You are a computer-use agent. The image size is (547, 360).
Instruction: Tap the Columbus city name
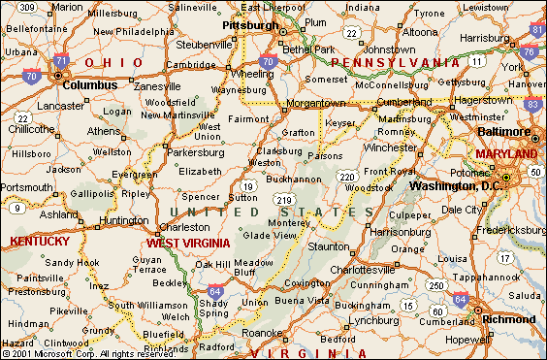[x=90, y=84]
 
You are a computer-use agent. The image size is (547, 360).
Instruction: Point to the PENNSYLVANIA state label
[x=394, y=62]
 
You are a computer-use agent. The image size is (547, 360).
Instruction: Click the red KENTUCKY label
[x=40, y=241]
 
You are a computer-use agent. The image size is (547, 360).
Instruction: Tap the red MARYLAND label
[x=505, y=154]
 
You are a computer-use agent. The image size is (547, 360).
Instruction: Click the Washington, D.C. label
[x=454, y=186]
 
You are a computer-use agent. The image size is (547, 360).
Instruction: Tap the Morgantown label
[x=315, y=102]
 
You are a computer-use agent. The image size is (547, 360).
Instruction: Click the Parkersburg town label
[x=195, y=152]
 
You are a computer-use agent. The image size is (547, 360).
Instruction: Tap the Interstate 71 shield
[x=61, y=61]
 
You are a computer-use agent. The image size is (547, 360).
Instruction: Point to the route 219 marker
[x=284, y=198]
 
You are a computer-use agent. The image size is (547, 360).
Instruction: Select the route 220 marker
[x=346, y=176]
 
